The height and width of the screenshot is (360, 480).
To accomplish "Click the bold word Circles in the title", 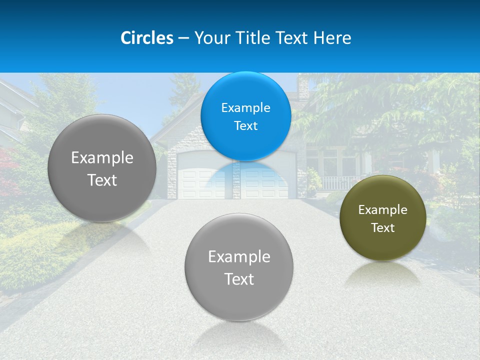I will [x=147, y=38].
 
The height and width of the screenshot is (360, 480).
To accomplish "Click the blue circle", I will [x=245, y=135].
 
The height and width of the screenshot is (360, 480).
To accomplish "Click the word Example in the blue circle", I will [x=245, y=108].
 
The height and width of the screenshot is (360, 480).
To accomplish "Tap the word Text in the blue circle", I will [x=245, y=126].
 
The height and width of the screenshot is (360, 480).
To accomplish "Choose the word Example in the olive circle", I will [x=382, y=210].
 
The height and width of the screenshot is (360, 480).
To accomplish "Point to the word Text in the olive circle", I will [x=382, y=228].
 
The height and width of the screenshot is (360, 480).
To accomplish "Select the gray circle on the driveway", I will [x=239, y=300].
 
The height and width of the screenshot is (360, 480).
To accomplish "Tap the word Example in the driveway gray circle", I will [x=239, y=257].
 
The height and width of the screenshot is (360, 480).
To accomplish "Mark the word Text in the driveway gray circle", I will [x=239, y=279].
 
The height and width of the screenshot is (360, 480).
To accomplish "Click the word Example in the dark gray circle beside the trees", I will [x=102, y=158].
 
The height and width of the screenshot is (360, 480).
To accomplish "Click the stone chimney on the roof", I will [x=303, y=88].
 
